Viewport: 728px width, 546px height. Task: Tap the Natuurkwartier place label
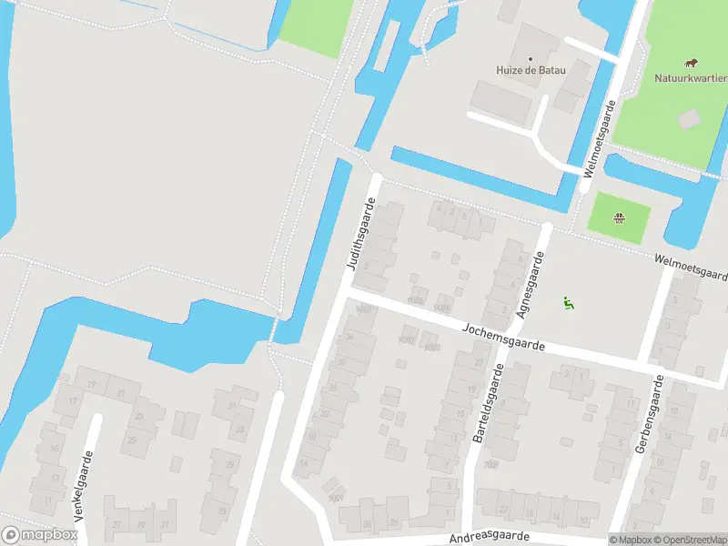(x=691, y=77)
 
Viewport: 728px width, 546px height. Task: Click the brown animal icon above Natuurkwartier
(x=693, y=63)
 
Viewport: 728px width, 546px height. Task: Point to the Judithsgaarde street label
(x=360, y=235)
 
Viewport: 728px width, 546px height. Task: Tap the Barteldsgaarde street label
(x=489, y=404)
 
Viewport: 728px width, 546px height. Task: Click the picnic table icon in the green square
(x=620, y=217)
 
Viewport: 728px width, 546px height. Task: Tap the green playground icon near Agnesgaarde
(x=569, y=303)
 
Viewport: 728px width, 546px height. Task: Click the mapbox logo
(x=38, y=535)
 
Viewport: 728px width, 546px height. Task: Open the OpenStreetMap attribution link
(x=691, y=540)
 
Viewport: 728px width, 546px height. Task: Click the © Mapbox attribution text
(x=631, y=540)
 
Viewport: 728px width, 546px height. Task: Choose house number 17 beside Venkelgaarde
(x=73, y=400)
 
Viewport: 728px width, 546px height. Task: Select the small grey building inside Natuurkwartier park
(x=690, y=118)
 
